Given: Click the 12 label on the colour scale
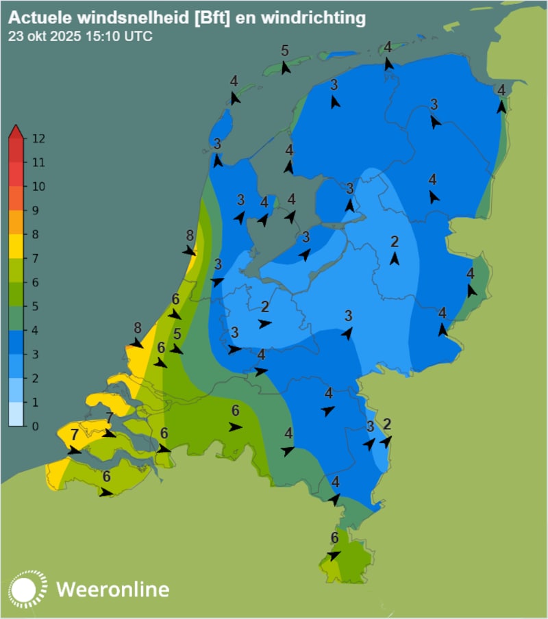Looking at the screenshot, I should pos(38,139).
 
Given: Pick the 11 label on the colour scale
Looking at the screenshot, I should pos(38,163).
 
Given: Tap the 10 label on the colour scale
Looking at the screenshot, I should pos(38,187).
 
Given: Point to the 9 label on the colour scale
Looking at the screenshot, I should pos(35,211).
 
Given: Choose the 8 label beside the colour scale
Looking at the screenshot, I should pos(35,235).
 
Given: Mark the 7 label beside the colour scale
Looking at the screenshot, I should pos(35,259).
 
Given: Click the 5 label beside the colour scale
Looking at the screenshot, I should pos(35,307).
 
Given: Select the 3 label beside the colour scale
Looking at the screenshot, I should pos(35,355).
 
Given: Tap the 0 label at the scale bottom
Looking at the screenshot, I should pos(35,426).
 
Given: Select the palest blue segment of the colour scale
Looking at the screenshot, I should pos(16,414).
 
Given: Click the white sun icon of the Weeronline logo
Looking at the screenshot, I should pos(28,589).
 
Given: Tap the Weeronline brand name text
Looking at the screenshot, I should pos(112,589).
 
